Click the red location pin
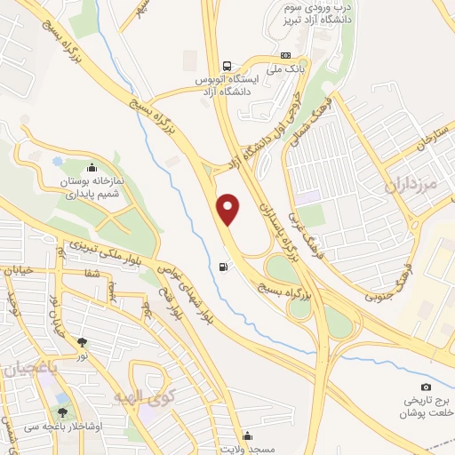click(229, 208)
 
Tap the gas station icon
click(222, 266)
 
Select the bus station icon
click(227, 66)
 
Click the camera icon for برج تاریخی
click(426, 387)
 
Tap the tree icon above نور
click(83, 342)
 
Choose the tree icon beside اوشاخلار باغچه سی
click(62, 412)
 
